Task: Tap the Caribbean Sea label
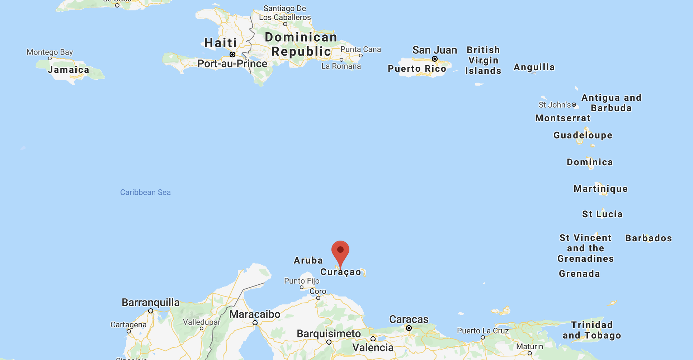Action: click(145, 192)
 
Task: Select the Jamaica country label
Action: click(68, 70)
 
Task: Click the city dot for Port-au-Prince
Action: click(232, 55)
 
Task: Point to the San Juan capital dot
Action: click(434, 59)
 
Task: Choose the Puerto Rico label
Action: click(417, 68)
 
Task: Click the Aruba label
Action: click(308, 260)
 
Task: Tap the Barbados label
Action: click(648, 238)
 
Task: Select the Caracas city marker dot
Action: click(409, 328)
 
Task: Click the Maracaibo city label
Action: click(255, 314)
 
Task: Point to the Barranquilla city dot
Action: click(151, 311)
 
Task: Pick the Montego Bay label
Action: click(49, 52)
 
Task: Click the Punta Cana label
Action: click(360, 49)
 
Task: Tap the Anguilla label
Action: click(534, 67)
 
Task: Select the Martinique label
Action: click(600, 189)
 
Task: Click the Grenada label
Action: click(579, 274)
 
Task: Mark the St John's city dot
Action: click(574, 105)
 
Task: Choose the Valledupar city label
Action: click(202, 322)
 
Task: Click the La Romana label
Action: click(341, 66)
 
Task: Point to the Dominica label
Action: click(590, 162)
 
